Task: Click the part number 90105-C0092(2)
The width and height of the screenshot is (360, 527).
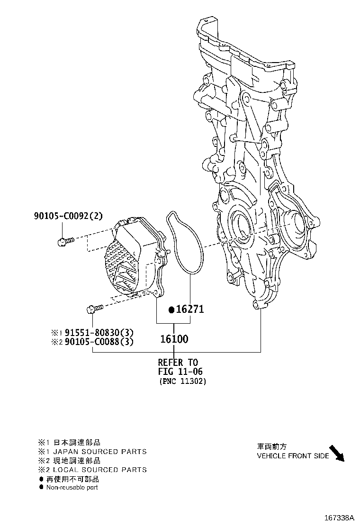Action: (x=68, y=216)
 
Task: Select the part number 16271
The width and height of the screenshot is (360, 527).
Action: (x=190, y=309)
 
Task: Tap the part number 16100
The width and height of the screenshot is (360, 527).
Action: (x=174, y=339)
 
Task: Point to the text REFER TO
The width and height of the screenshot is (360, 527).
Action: (x=178, y=363)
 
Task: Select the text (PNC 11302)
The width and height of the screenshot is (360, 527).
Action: (x=183, y=382)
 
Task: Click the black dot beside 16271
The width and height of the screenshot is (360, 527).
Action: (x=171, y=310)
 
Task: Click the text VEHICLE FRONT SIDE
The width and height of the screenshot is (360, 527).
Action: (x=293, y=456)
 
